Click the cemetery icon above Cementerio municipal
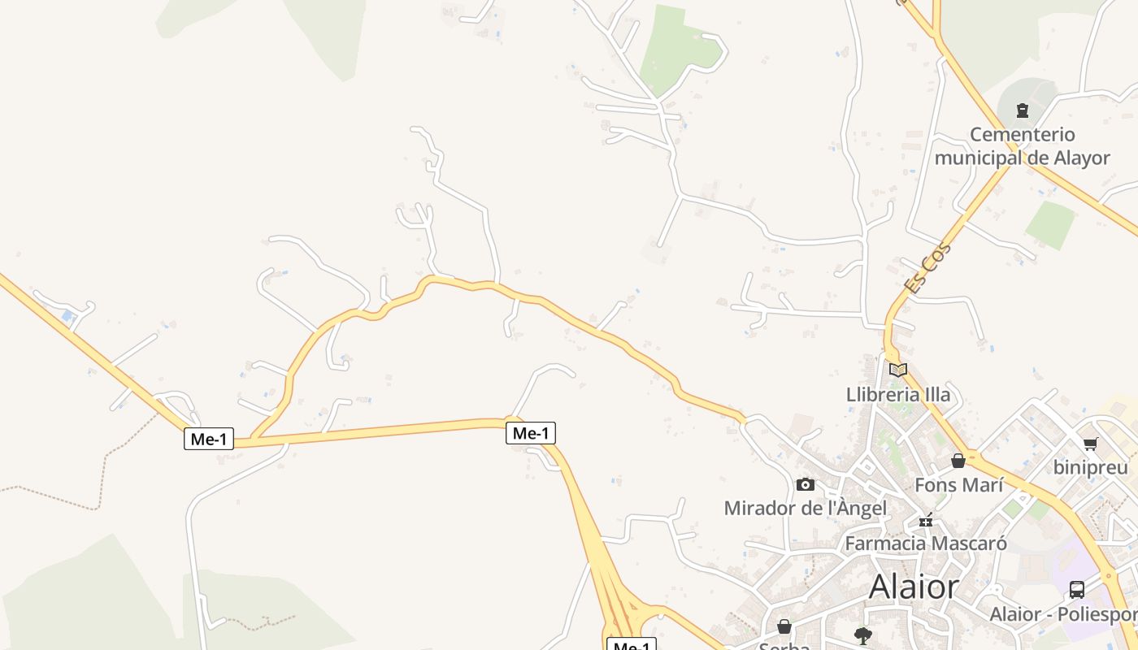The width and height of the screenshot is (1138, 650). [x=1023, y=110]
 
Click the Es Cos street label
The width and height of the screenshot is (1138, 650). [x=927, y=268]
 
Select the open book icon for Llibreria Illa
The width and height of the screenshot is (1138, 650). [x=897, y=370]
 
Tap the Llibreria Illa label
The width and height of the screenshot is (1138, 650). [x=897, y=395]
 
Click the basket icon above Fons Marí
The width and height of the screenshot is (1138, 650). [x=958, y=461]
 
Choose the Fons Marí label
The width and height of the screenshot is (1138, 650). [x=959, y=485]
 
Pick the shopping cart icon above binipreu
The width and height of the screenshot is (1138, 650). [x=1090, y=444]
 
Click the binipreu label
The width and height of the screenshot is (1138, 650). [x=1090, y=467]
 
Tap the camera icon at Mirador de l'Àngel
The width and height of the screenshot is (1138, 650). [x=805, y=484]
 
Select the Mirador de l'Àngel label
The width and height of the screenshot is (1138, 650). [x=805, y=509]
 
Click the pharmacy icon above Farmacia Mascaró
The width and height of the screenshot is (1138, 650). [x=926, y=520]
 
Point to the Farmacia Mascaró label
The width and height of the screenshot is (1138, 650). [x=926, y=543]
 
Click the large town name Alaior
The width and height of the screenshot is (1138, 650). [x=914, y=587]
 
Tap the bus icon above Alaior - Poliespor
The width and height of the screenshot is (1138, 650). [x=1077, y=590]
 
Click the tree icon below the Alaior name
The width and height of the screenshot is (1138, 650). [x=863, y=635]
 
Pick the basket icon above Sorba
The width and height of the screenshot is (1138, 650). [x=784, y=626]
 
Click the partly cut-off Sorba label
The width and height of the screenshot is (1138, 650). [x=784, y=646]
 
